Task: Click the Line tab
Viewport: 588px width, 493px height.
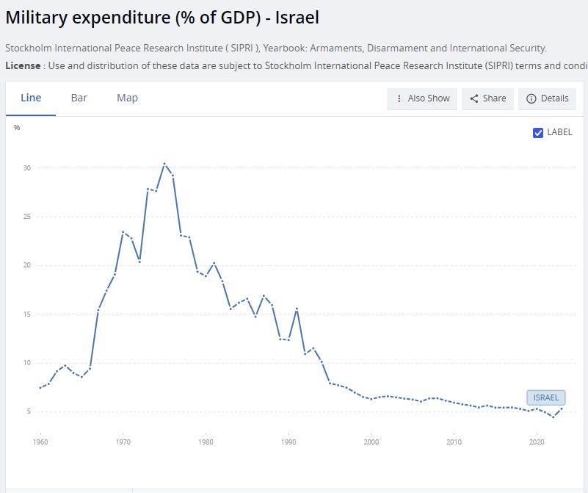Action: click(x=31, y=98)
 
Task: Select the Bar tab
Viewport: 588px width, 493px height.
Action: click(x=79, y=98)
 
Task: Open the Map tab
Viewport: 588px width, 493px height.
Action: click(x=127, y=98)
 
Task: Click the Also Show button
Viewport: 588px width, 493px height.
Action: click(x=422, y=98)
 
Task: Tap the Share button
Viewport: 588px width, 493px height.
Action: click(x=487, y=98)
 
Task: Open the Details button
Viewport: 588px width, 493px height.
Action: click(x=547, y=98)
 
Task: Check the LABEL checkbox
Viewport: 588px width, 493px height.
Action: click(x=538, y=132)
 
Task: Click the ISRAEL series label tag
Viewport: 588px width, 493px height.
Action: click(x=545, y=397)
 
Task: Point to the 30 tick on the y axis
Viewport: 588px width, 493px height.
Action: click(x=26, y=168)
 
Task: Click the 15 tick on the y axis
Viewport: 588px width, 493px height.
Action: click(x=26, y=314)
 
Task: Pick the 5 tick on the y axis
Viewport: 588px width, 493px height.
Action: click(x=28, y=411)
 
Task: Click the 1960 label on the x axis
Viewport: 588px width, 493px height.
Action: click(x=40, y=442)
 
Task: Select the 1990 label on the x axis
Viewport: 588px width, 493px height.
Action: click(x=288, y=442)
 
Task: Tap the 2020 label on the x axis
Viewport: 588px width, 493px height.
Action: click(x=537, y=442)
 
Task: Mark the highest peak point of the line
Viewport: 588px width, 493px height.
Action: click(x=164, y=164)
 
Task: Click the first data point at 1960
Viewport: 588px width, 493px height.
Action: click(x=40, y=387)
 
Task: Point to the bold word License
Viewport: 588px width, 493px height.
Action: click(x=23, y=65)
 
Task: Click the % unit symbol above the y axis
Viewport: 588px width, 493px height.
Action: click(x=17, y=128)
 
